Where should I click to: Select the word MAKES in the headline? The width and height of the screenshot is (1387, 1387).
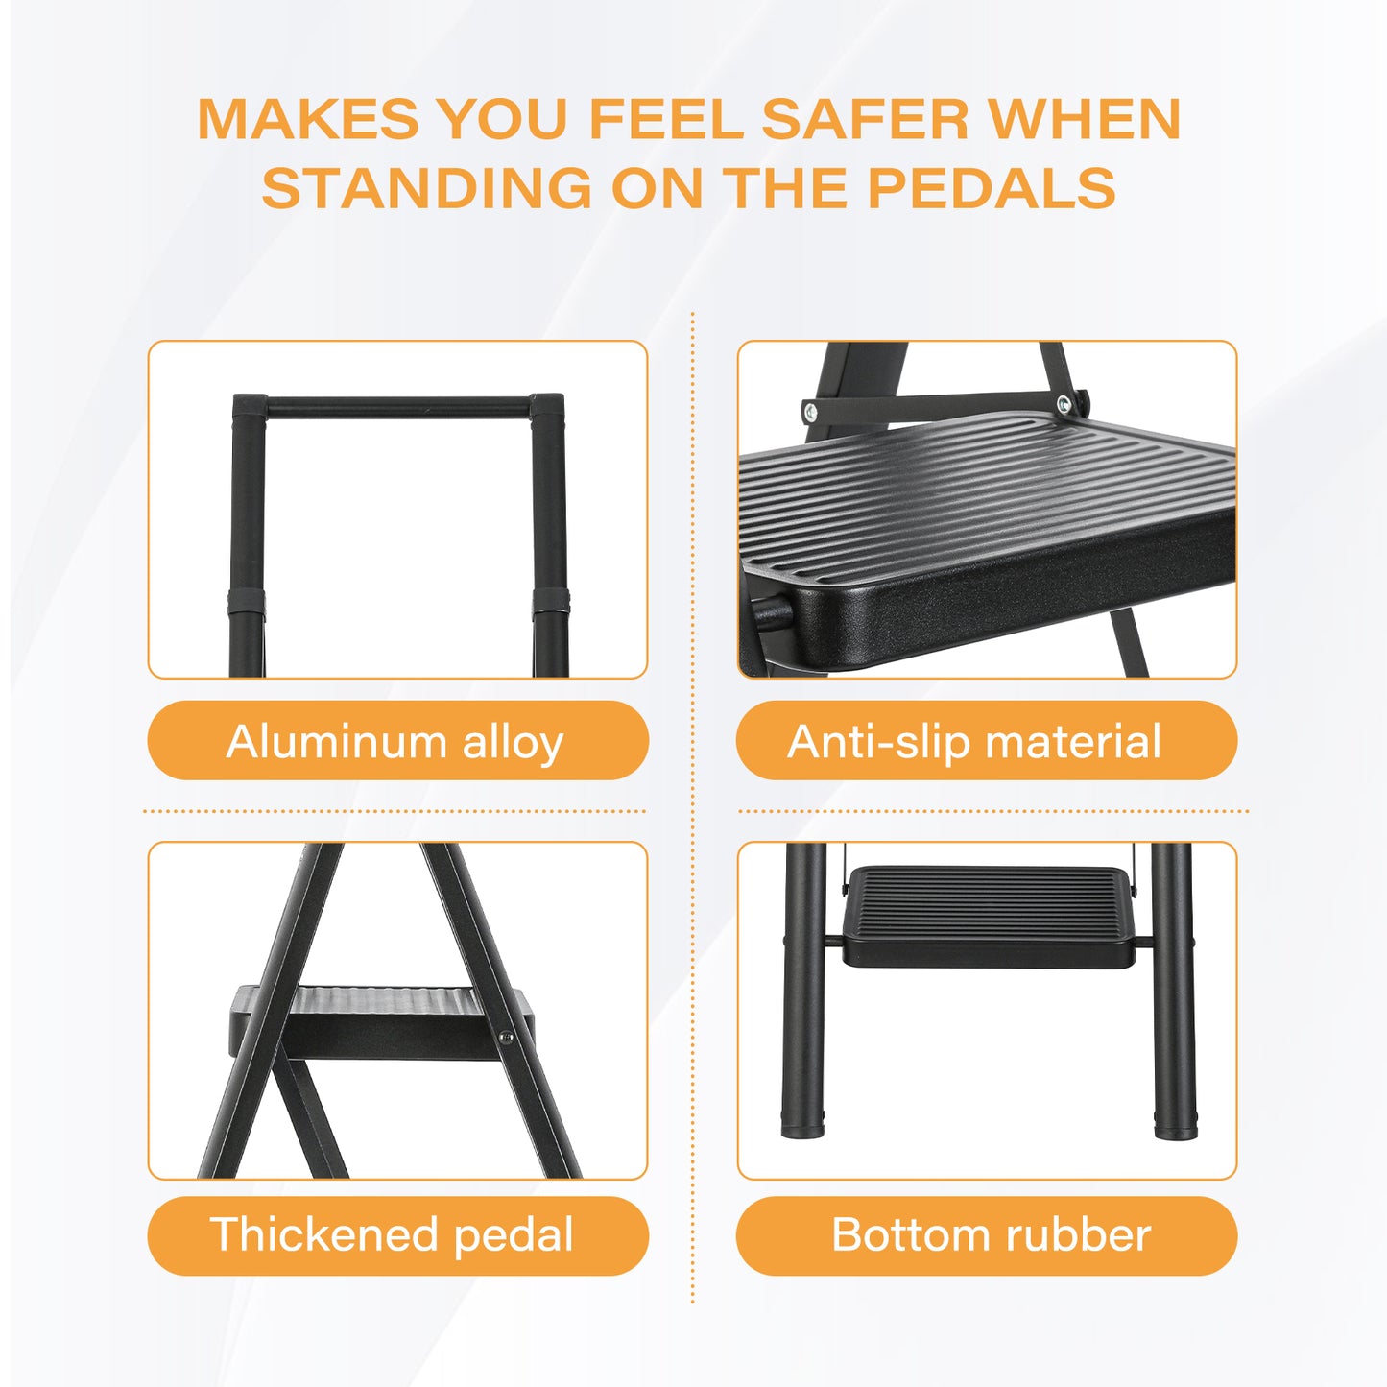coord(308,119)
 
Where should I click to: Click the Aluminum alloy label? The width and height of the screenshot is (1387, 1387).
coord(397,741)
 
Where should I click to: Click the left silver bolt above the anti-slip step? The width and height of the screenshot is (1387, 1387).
coord(811,413)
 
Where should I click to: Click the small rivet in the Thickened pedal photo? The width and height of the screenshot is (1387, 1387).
coord(506,1035)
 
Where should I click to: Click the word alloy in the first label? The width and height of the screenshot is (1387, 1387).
coord(513,742)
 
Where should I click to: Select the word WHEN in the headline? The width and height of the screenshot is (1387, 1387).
coord(1084,119)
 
